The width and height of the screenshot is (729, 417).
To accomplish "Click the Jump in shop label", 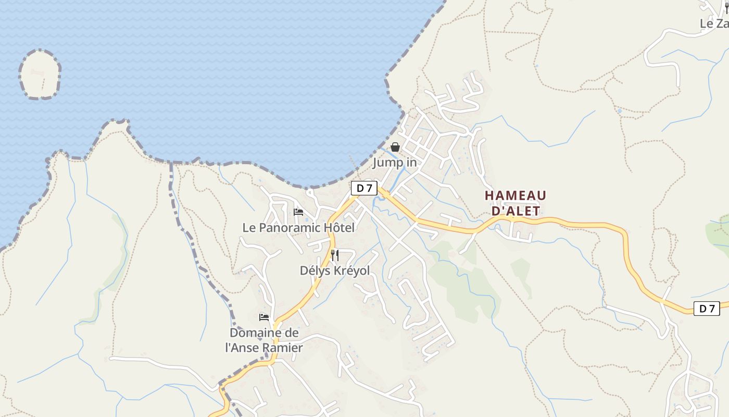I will click(395, 163).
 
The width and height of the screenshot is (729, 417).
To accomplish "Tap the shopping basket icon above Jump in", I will click(395, 147).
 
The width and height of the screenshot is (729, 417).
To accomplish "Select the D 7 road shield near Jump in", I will click(364, 188).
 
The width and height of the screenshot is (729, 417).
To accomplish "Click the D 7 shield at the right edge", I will click(707, 309).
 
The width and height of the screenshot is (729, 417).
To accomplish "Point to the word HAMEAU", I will click(516, 196).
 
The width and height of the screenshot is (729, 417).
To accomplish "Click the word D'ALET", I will click(516, 211).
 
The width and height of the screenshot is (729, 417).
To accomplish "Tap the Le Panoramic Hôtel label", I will click(298, 228).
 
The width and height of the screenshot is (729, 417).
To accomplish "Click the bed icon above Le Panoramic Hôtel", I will click(298, 212).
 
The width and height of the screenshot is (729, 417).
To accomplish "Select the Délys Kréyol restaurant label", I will click(335, 271).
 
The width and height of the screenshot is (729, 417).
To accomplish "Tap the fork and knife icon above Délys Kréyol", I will click(335, 255).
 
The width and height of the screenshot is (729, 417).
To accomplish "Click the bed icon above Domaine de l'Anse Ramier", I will click(264, 317).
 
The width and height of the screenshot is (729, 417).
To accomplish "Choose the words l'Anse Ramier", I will click(264, 347).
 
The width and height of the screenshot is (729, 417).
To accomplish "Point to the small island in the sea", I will click(40, 74).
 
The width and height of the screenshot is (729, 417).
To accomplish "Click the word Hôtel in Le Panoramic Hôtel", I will click(339, 228).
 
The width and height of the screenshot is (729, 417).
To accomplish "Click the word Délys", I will click(314, 271).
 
